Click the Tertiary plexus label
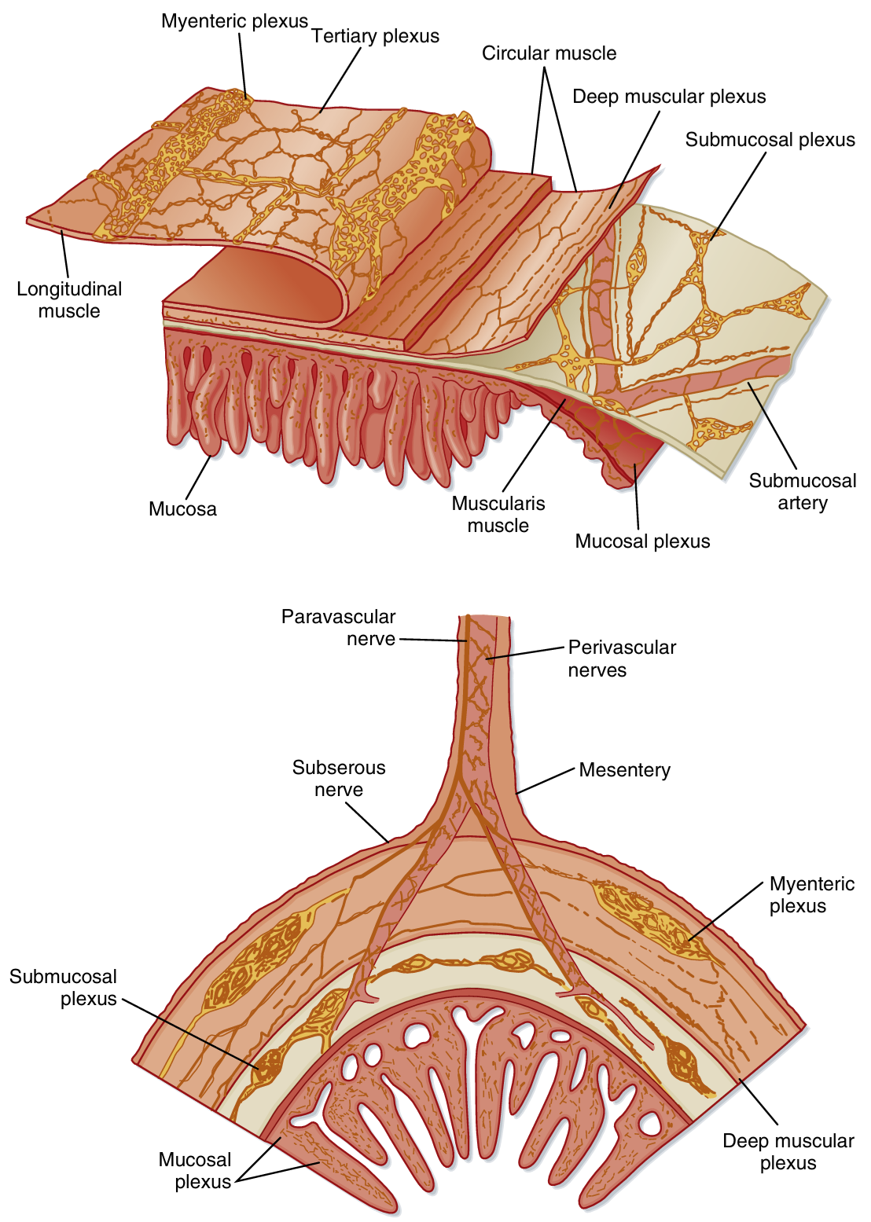(375, 36)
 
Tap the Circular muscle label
(549, 53)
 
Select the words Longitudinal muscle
(69, 300)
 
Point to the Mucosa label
(182, 509)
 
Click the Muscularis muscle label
(498, 515)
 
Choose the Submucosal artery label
(802, 492)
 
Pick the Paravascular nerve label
(339, 628)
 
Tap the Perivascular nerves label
(621, 659)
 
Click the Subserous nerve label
(339, 779)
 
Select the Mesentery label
(624, 770)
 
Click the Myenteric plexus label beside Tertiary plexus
(234, 21)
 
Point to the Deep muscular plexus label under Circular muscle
(669, 97)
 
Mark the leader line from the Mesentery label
(546, 781)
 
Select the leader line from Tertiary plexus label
(340, 79)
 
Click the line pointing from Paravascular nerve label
(432, 640)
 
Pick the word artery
(803, 503)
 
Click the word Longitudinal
(69, 289)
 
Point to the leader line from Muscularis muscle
(534, 445)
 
